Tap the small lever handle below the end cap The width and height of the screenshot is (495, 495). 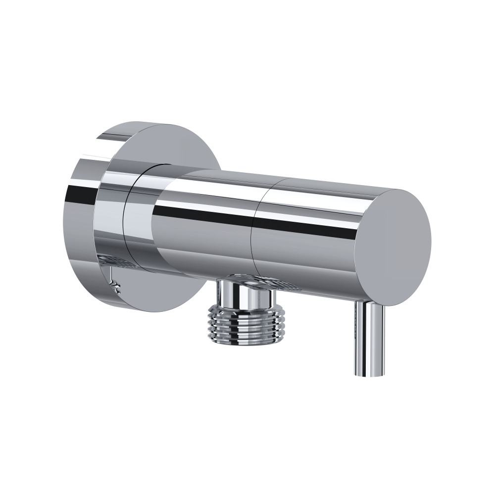point(369,337)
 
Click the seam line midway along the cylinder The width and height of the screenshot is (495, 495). point(253,233)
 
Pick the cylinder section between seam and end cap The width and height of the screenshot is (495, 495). point(307,238)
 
